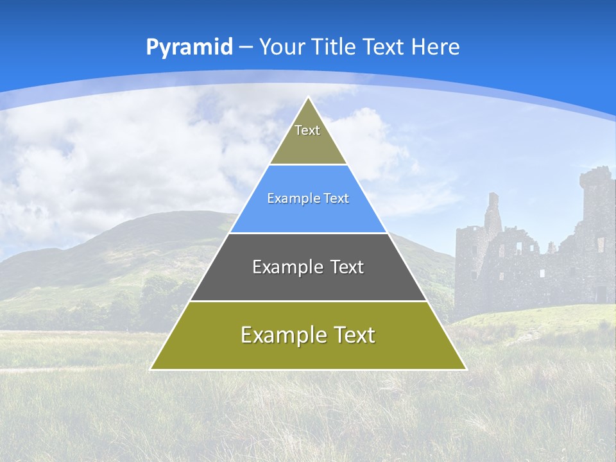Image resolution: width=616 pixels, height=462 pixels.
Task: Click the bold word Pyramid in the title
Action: [189, 47]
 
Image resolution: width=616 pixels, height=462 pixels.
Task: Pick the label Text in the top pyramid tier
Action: [307, 131]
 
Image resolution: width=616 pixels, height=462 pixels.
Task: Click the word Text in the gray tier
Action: [347, 267]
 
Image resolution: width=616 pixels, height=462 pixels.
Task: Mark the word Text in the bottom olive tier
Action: [354, 335]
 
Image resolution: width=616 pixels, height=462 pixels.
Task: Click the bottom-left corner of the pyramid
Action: [151, 369]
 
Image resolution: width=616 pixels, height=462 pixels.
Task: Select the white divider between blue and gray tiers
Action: [308, 233]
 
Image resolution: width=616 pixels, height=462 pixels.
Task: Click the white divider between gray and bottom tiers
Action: [308, 301]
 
